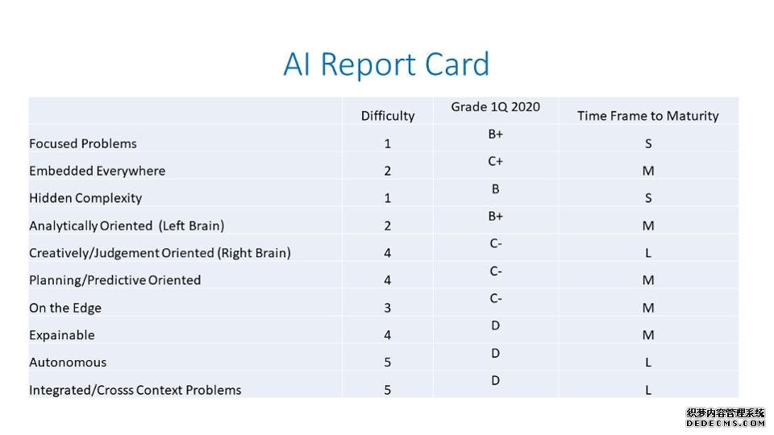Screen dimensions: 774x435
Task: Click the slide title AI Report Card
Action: pyautogui.click(x=386, y=64)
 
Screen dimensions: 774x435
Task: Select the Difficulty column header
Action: pyautogui.click(x=388, y=116)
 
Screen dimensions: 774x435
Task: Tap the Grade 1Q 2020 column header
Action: pyautogui.click(x=496, y=107)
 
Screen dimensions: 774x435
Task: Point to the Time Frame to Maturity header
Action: pyautogui.click(x=647, y=116)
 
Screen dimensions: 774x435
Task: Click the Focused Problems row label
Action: pyautogui.click(x=83, y=143)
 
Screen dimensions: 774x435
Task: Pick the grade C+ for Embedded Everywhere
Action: pyautogui.click(x=495, y=161)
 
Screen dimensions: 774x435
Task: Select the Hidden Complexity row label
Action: pyautogui.click(x=85, y=198)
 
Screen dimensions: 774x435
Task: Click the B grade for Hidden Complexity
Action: pyautogui.click(x=496, y=188)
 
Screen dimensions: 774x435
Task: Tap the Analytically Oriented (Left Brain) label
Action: pyautogui.click(x=127, y=226)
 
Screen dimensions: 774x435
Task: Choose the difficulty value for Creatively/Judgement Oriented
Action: pyautogui.click(x=388, y=253)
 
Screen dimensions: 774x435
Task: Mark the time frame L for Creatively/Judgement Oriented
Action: pyautogui.click(x=648, y=253)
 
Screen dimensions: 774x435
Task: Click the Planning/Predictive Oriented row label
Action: pyautogui.click(x=115, y=280)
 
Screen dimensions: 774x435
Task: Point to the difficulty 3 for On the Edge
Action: pyautogui.click(x=388, y=308)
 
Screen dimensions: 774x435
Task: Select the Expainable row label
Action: pyautogui.click(x=62, y=335)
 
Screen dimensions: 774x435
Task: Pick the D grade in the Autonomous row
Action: pyautogui.click(x=496, y=353)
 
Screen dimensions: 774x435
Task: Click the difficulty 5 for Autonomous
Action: pyautogui.click(x=388, y=362)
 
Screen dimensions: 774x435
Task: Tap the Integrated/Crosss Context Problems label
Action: pyautogui.click(x=135, y=390)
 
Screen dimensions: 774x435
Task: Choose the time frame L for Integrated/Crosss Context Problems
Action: pyautogui.click(x=648, y=390)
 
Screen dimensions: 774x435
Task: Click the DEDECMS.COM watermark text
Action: pyautogui.click(x=726, y=424)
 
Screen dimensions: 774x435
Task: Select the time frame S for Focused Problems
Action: pyautogui.click(x=648, y=143)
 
